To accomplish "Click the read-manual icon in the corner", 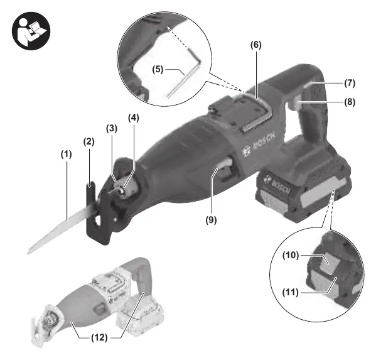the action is coord(31,31).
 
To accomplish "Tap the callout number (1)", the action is coord(66,155).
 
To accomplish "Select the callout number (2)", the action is coord(89,141).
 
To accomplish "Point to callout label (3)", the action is coord(112,129).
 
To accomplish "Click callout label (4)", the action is coord(133,118).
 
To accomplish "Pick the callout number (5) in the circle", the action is coord(158,70).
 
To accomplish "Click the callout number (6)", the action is coord(256,45).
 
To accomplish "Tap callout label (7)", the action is coord(350,83).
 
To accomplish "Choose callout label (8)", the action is coord(350,102).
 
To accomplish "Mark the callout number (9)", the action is coord(211,220).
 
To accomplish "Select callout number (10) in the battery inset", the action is coord(291,255).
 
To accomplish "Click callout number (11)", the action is coord(291,293).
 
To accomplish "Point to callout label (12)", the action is coord(100,338).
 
